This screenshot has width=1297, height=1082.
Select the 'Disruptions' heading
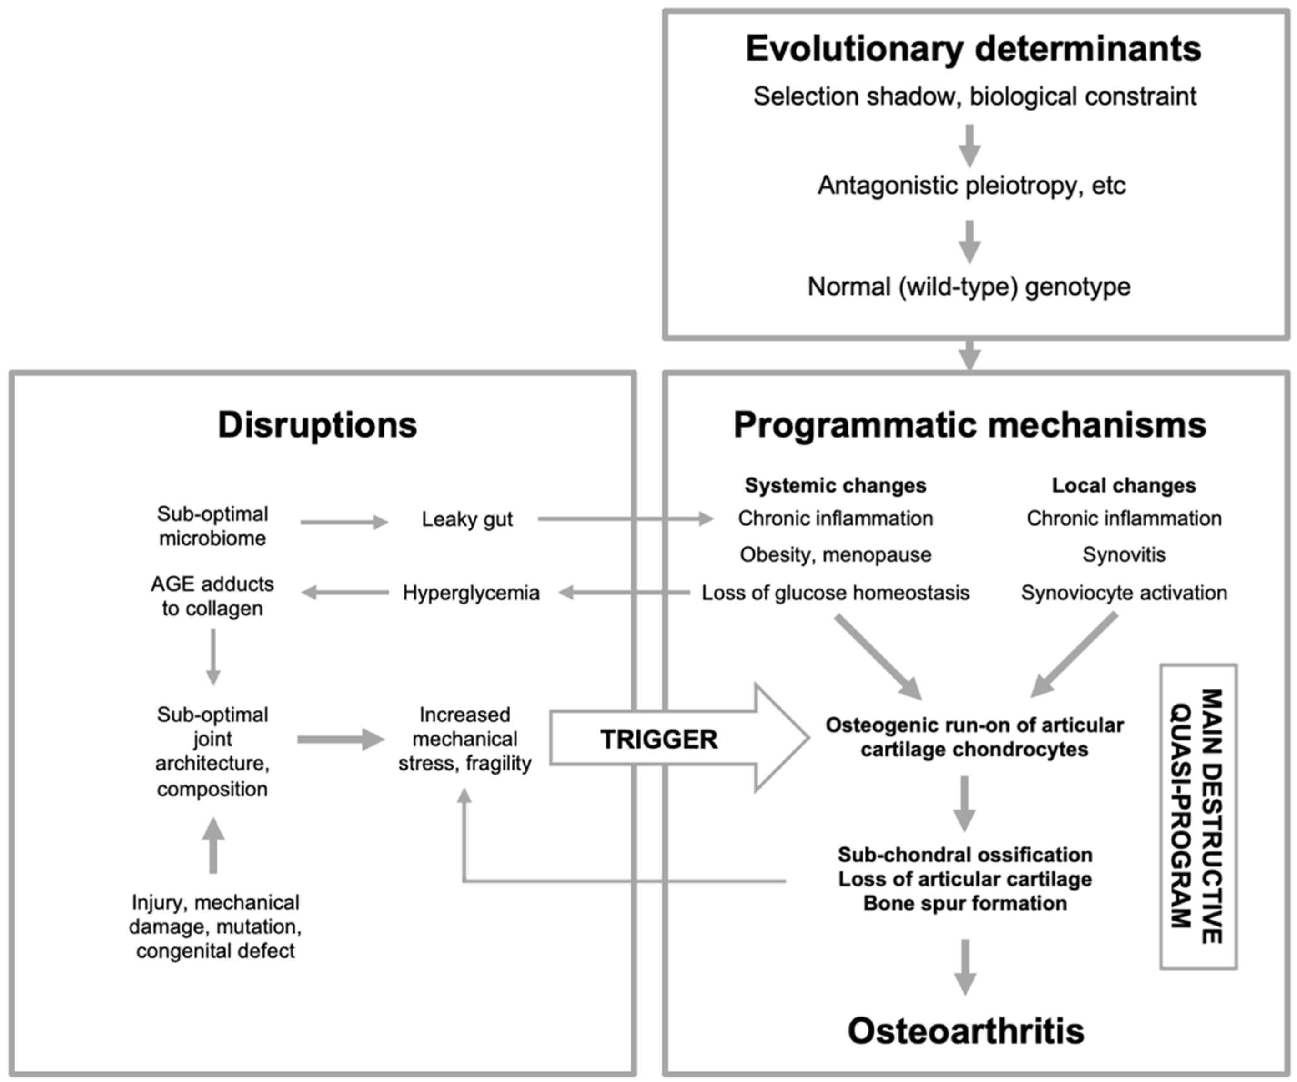coord(318,425)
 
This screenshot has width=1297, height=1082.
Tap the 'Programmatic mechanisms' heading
coord(969,425)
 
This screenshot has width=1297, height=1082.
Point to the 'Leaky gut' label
coord(467,519)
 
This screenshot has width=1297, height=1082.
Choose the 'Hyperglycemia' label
coord(471,593)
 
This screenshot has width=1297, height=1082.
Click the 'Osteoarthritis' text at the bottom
coord(966,1031)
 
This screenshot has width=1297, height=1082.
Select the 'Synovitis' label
coord(1124,554)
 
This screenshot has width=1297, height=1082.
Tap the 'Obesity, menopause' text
coord(835,554)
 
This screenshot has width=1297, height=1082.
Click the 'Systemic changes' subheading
coord(835,485)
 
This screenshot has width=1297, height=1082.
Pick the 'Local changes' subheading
coord(1124,485)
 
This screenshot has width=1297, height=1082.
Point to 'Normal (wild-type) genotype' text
coord(969,287)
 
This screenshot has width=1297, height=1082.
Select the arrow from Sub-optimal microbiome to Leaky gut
coord(344,523)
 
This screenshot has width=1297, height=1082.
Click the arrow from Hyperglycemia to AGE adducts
coord(345,593)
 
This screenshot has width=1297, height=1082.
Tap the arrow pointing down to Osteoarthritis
coord(965,967)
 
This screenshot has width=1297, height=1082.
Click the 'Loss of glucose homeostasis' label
coord(835,593)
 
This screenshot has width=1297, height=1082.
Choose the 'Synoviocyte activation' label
coord(1124,593)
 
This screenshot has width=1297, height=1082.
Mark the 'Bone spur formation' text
coord(965,904)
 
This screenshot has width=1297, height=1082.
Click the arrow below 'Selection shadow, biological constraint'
coord(969,146)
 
